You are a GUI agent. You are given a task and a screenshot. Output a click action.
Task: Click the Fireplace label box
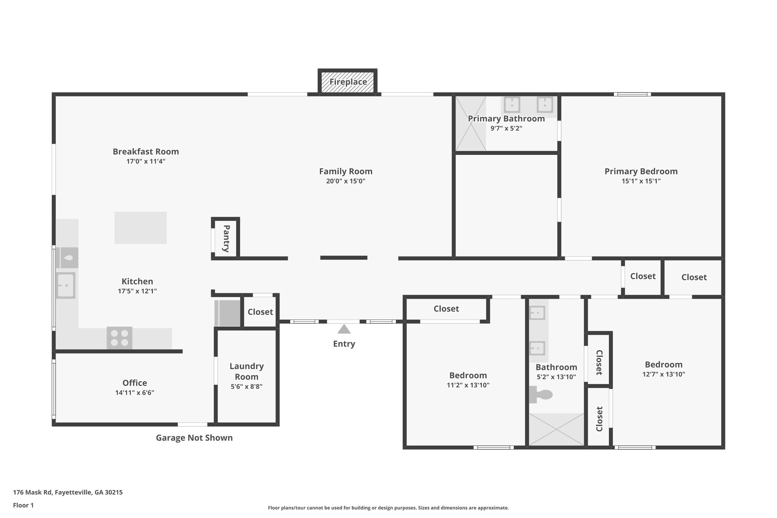tap(348, 82)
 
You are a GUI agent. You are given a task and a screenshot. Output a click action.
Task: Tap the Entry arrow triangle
tap(344, 329)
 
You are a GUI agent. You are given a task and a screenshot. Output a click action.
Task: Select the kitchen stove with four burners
tap(120, 338)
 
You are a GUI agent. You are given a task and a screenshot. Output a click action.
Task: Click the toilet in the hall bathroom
tap(541, 395)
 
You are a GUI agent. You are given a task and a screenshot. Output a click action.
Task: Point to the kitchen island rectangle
tap(140, 228)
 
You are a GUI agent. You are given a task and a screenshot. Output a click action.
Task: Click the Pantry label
tap(226, 239)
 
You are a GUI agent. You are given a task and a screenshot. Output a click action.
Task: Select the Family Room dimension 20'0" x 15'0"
tap(346, 181)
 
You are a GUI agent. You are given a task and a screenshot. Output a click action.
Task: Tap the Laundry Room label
tap(247, 371)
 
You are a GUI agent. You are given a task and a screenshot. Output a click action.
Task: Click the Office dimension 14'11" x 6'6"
tap(135, 393)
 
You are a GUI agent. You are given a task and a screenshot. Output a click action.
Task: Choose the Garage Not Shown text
tap(194, 438)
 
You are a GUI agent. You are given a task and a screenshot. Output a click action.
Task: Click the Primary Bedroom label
tap(641, 171)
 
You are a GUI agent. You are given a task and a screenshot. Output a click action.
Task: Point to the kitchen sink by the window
tap(66, 285)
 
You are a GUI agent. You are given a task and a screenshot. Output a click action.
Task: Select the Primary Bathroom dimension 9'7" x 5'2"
tap(506, 128)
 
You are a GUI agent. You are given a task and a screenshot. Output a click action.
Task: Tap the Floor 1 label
tap(23, 505)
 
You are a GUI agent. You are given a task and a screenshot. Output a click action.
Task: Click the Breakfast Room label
tap(146, 151)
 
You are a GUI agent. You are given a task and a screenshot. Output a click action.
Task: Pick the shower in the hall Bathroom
tap(556, 429)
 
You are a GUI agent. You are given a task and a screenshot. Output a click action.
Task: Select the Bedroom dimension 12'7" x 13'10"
tap(664, 374)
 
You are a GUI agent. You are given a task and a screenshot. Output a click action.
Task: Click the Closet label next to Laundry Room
tap(260, 312)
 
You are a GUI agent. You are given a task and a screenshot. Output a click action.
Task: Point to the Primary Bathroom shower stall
tap(470, 124)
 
